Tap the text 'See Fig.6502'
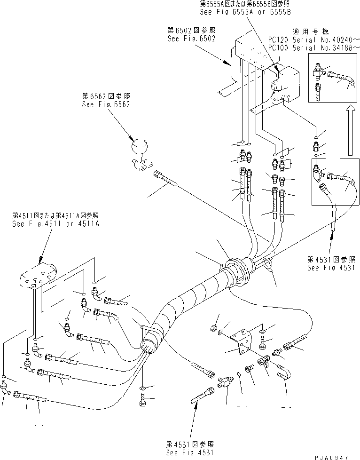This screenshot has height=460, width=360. pos(191,39)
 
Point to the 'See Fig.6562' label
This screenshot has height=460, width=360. pos(106,104)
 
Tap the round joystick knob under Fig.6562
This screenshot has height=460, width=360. pos(141,146)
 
